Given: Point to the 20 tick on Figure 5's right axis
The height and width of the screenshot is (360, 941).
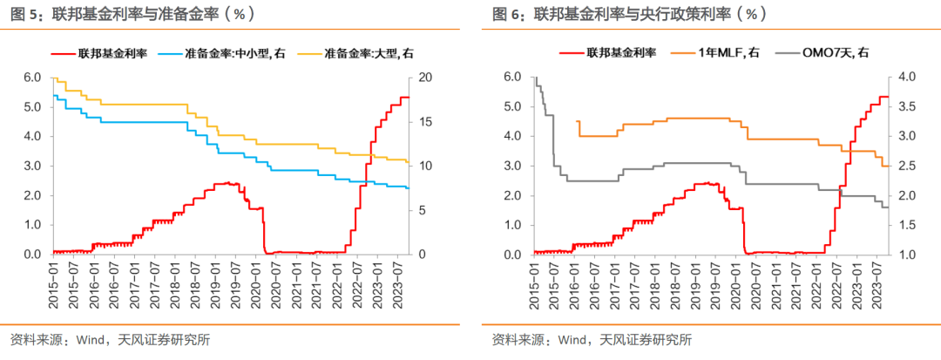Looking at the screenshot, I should tap(424, 77).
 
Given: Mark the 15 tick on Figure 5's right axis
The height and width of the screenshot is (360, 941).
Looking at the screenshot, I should tap(424, 121).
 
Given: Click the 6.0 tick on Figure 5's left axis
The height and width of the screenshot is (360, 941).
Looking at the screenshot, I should tap(31, 77).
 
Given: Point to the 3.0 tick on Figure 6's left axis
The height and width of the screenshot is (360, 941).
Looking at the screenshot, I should tap(513, 166).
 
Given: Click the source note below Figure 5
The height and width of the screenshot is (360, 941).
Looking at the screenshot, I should tap(110, 340).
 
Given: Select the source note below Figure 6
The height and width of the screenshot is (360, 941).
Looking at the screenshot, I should tap(592, 340).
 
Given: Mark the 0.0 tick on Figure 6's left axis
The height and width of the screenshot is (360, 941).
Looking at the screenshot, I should tap(513, 255).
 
